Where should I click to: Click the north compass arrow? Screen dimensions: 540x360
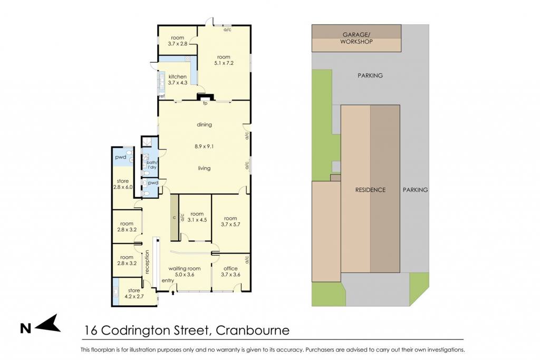(x=47, y=324)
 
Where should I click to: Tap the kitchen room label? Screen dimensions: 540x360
(x=177, y=80)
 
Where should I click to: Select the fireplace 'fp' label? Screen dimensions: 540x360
(x=205, y=103)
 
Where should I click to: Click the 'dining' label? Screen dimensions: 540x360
(x=204, y=124)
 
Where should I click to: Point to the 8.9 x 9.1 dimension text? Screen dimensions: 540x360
(x=204, y=147)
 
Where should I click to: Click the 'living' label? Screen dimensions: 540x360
(x=204, y=168)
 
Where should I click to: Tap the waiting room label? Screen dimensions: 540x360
(x=184, y=271)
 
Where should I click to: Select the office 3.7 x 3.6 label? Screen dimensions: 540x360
(x=230, y=271)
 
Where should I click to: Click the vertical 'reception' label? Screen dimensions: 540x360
(x=147, y=262)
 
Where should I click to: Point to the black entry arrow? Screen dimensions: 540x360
(x=173, y=293)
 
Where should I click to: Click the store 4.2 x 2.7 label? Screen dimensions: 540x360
(x=134, y=293)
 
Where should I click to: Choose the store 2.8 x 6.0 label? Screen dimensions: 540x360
(x=122, y=184)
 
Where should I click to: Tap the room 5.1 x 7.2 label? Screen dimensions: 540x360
(x=224, y=60)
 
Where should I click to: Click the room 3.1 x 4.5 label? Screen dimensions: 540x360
(x=197, y=217)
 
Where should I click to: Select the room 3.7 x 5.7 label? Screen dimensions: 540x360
(x=230, y=221)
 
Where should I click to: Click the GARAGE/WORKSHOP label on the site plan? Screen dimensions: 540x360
(x=356, y=38)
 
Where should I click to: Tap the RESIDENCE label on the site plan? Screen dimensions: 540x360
(x=370, y=190)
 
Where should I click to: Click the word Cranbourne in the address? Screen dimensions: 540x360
(x=253, y=330)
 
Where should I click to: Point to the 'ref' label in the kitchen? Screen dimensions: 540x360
(x=161, y=96)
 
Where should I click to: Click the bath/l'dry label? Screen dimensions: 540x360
(x=152, y=165)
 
